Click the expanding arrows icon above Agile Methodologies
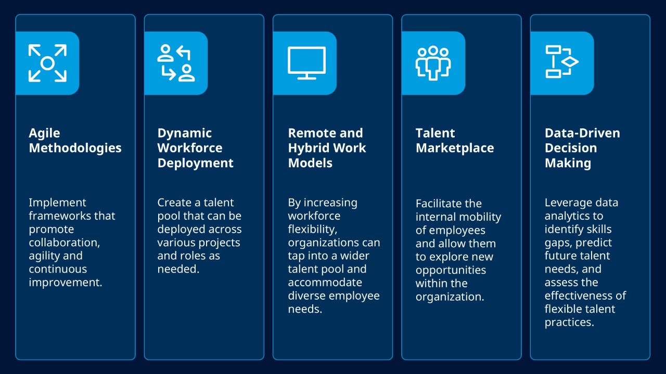point(47,63)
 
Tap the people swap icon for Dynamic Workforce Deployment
point(176,63)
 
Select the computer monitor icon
point(306,63)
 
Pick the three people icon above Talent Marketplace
point(433,63)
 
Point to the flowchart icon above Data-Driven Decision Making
point(561,62)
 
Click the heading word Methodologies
point(75,148)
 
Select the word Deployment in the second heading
point(195,163)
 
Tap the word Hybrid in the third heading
point(308,148)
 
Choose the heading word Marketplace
point(454,148)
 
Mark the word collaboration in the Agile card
point(63,243)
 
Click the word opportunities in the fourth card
point(451,270)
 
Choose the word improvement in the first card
point(65,283)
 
